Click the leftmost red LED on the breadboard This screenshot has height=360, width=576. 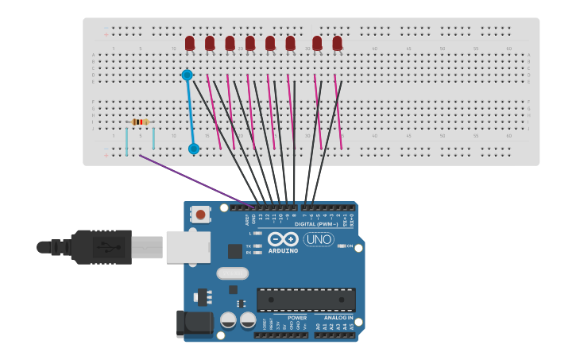click(x=190, y=43)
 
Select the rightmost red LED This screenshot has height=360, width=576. click(x=337, y=43)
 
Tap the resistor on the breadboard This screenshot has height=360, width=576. click(x=140, y=122)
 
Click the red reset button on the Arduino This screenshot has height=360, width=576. click(x=201, y=215)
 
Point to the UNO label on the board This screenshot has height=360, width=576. click(x=319, y=239)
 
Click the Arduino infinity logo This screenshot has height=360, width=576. click(x=283, y=239)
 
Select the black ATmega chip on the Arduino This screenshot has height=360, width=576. click(x=306, y=300)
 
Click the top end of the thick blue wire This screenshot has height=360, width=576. click(x=187, y=75)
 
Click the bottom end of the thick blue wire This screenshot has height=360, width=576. click(x=193, y=149)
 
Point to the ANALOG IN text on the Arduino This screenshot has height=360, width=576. click(x=338, y=318)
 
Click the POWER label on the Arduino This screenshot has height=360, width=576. click(x=297, y=318)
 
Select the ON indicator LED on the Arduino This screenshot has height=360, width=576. click(x=342, y=246)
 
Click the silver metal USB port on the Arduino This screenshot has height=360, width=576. click(x=188, y=247)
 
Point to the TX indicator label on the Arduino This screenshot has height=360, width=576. click(x=249, y=246)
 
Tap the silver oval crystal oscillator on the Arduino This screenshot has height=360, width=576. click(x=232, y=273)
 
